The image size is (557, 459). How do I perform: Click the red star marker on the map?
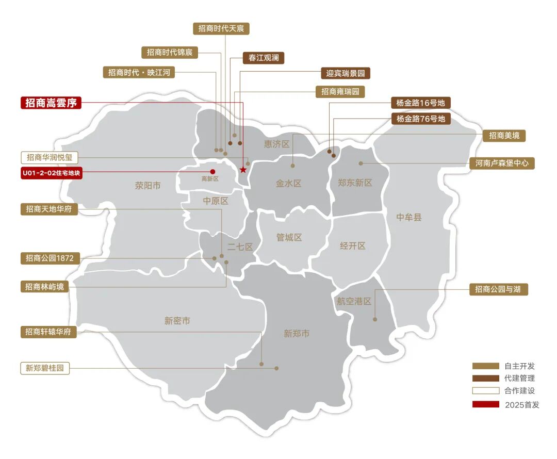243,170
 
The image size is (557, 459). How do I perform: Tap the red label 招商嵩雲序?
51,103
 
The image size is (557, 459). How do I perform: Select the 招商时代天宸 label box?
224,28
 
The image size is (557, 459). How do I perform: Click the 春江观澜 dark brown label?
263,58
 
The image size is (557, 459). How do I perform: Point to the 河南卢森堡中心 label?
502,163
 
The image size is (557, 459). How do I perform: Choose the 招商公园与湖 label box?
499,289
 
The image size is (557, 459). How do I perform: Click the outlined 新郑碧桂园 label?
45,368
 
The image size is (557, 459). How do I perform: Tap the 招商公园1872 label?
50,258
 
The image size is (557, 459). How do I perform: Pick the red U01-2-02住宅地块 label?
51,173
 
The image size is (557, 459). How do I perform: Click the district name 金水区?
288,183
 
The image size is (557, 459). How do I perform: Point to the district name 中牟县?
409,218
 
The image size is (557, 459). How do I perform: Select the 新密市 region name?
177,321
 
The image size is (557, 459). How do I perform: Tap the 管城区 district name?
289,238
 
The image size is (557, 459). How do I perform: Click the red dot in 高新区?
212,171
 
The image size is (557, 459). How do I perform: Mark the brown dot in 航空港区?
375,319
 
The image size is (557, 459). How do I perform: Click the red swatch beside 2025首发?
485,404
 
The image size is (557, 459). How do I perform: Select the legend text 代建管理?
519,378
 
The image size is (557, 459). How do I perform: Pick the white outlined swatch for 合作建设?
485,391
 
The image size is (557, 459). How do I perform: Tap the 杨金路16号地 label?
420,103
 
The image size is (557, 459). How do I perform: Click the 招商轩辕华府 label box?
49,332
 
